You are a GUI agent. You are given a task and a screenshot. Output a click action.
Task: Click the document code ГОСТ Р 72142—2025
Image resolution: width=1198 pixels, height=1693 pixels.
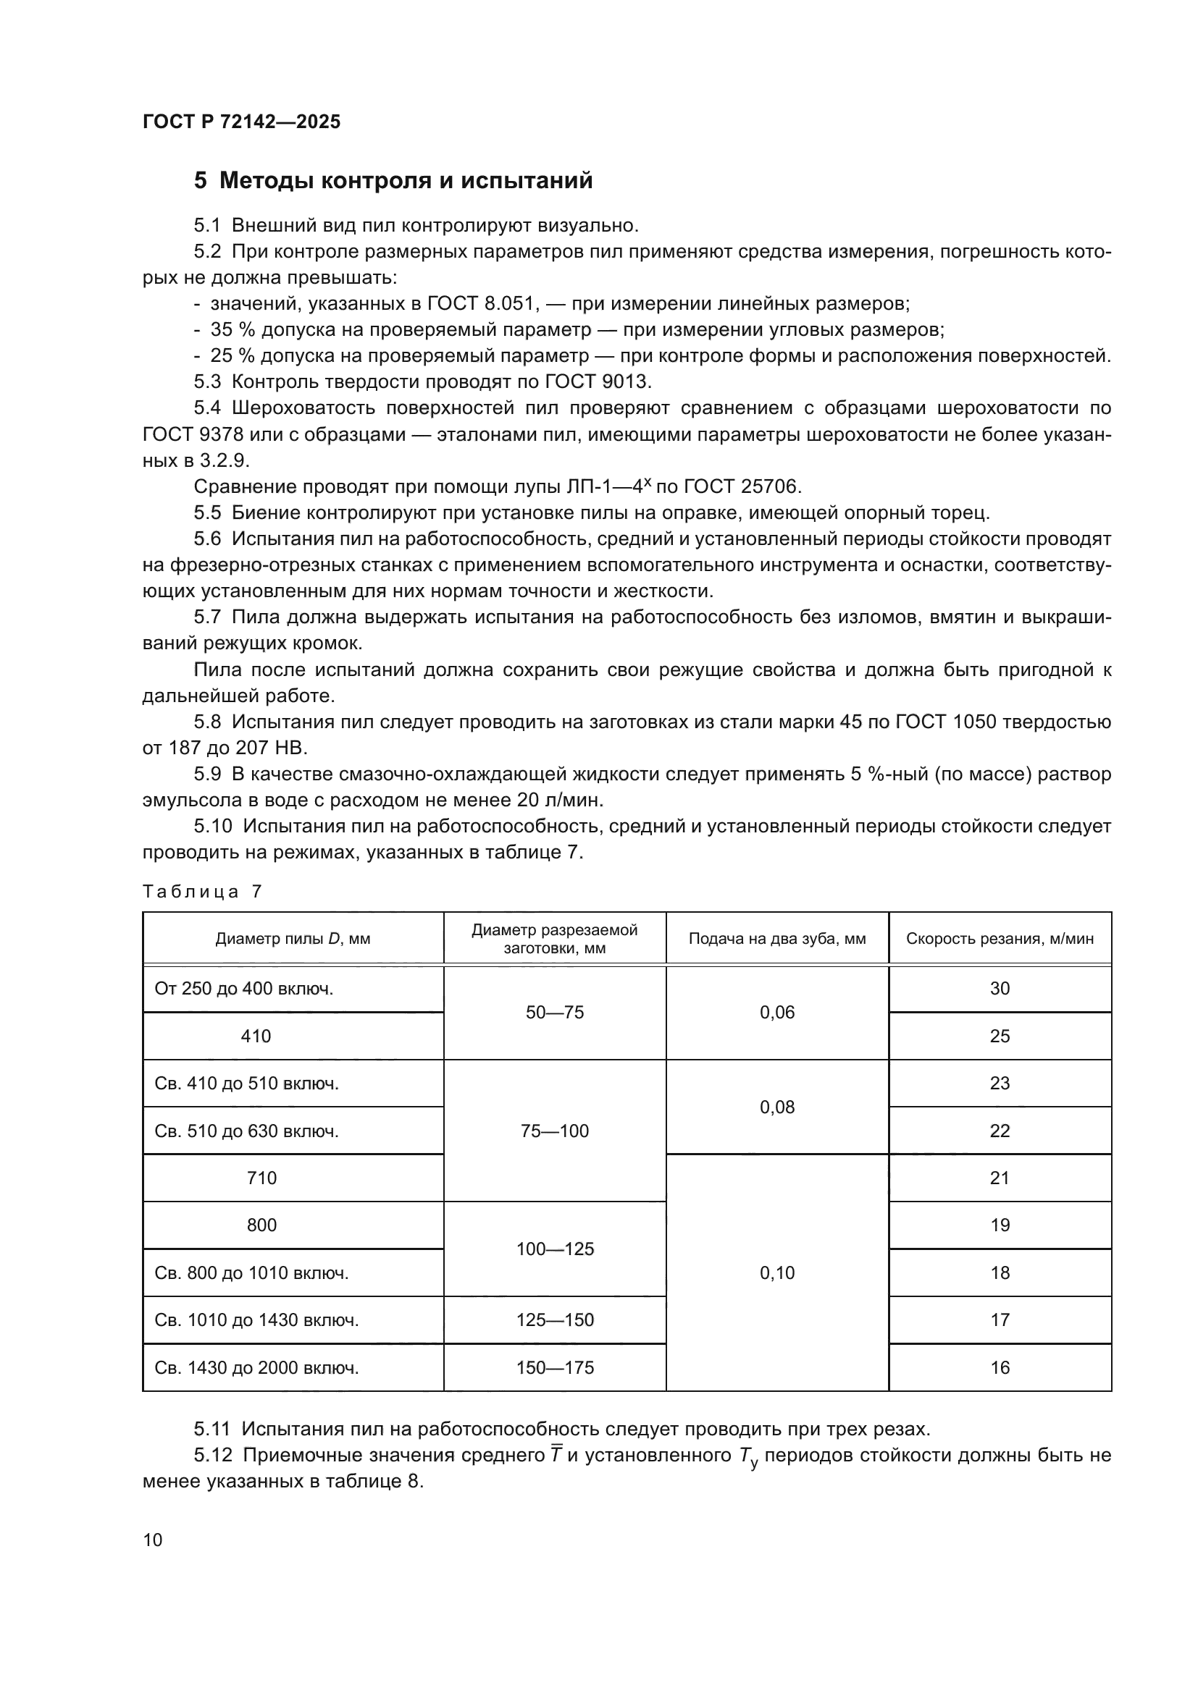(241, 122)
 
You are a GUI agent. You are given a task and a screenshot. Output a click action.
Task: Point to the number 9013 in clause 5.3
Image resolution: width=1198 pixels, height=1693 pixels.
(626, 382)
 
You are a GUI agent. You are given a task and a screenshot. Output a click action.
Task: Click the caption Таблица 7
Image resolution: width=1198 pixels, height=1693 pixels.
(202, 892)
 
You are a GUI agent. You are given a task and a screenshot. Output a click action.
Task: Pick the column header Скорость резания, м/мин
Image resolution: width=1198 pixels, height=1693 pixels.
(1000, 939)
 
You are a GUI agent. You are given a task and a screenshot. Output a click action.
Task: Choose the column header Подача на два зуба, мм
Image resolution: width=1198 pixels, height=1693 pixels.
(776, 939)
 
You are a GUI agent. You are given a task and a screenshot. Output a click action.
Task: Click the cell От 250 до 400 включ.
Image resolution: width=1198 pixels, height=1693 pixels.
(244, 989)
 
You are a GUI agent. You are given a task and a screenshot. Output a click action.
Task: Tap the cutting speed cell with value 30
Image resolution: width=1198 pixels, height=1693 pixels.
(1000, 989)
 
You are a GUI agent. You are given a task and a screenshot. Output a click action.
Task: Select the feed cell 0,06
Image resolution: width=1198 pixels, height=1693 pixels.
(776, 1013)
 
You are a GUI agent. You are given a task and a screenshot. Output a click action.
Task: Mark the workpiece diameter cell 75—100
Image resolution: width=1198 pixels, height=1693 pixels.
(555, 1131)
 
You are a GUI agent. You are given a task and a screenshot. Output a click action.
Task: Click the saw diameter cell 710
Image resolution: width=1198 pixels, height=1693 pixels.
(261, 1178)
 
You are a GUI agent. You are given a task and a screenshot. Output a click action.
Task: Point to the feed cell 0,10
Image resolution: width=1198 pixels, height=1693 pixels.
(776, 1273)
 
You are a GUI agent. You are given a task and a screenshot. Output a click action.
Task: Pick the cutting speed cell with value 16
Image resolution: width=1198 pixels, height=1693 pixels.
(1000, 1368)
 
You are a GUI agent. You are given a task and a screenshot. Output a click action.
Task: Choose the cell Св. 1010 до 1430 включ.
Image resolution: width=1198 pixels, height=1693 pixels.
(256, 1320)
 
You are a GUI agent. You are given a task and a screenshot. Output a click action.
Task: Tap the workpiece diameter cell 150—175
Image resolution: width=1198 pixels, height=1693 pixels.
(555, 1368)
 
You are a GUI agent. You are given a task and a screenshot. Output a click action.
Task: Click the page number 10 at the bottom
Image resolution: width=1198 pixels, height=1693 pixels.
(153, 1540)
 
